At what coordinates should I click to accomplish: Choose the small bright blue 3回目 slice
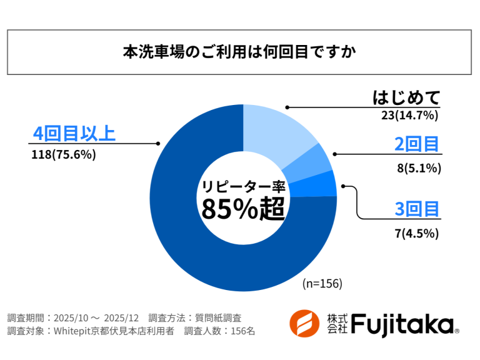coord(321,186)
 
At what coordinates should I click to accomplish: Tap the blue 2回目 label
coord(417,144)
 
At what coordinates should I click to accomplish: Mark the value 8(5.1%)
coord(419,167)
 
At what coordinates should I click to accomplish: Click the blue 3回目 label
coord(417,209)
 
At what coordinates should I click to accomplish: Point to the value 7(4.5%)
coord(417,234)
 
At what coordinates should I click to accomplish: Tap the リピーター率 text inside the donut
coord(242,186)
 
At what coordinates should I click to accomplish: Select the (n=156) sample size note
coord(322,283)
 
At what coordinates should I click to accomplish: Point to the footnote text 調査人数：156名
coord(219,331)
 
